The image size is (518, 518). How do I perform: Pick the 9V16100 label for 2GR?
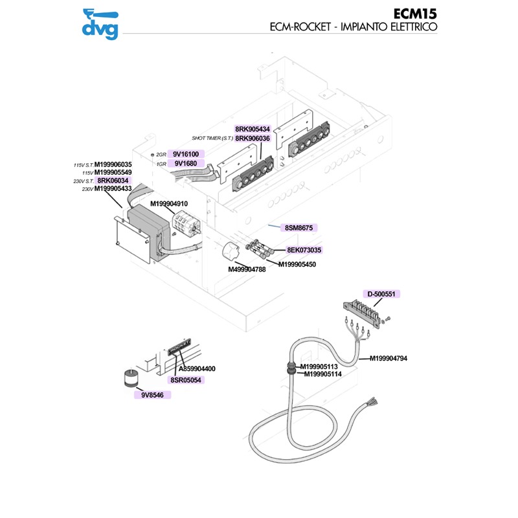click(x=186, y=154)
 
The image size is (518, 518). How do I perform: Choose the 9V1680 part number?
click(x=186, y=164)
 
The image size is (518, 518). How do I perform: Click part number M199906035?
click(x=113, y=164)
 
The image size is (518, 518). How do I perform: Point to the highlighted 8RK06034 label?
click(x=113, y=181)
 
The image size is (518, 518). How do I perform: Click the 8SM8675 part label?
click(x=298, y=228)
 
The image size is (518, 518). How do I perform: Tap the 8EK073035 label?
click(x=304, y=249)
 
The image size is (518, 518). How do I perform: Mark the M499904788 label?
click(x=247, y=269)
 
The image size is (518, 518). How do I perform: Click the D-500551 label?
click(x=381, y=294)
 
